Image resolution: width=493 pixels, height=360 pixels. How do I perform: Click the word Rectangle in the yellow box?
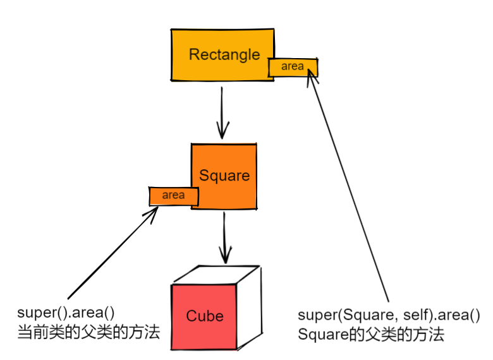pos(224,54)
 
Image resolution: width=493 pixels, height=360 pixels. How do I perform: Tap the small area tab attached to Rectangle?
pos(292,66)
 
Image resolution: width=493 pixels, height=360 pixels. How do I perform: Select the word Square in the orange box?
pos(224,175)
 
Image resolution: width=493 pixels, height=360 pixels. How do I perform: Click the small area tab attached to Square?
pos(173,196)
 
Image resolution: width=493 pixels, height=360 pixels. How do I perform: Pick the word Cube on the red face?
pos(205,315)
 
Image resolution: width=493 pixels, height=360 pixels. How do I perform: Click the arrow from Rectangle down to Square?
pos(221,111)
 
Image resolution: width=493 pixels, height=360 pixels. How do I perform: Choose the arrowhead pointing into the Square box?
pos(221,133)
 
